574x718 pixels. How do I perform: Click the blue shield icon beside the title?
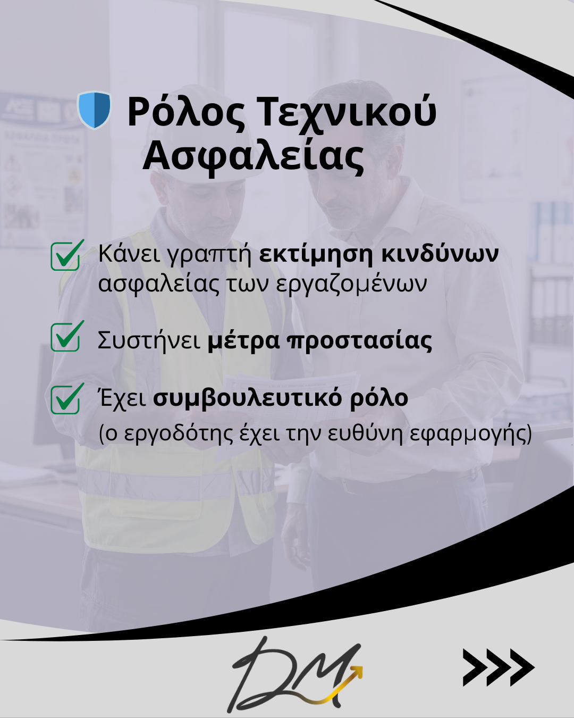tap(94, 110)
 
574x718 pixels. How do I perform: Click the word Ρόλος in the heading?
tap(186, 112)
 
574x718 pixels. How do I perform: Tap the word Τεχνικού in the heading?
tap(347, 112)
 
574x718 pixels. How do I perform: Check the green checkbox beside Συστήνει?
tap(66, 337)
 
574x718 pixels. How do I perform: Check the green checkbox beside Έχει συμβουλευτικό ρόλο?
tap(66, 399)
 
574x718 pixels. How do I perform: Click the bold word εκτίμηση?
tap(316, 254)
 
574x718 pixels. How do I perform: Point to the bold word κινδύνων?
tap(440, 254)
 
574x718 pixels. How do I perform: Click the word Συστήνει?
tap(149, 340)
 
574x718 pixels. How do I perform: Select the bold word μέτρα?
tap(243, 341)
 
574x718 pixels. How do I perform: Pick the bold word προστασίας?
tap(359, 341)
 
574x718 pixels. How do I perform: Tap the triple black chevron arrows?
tap(498, 667)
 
